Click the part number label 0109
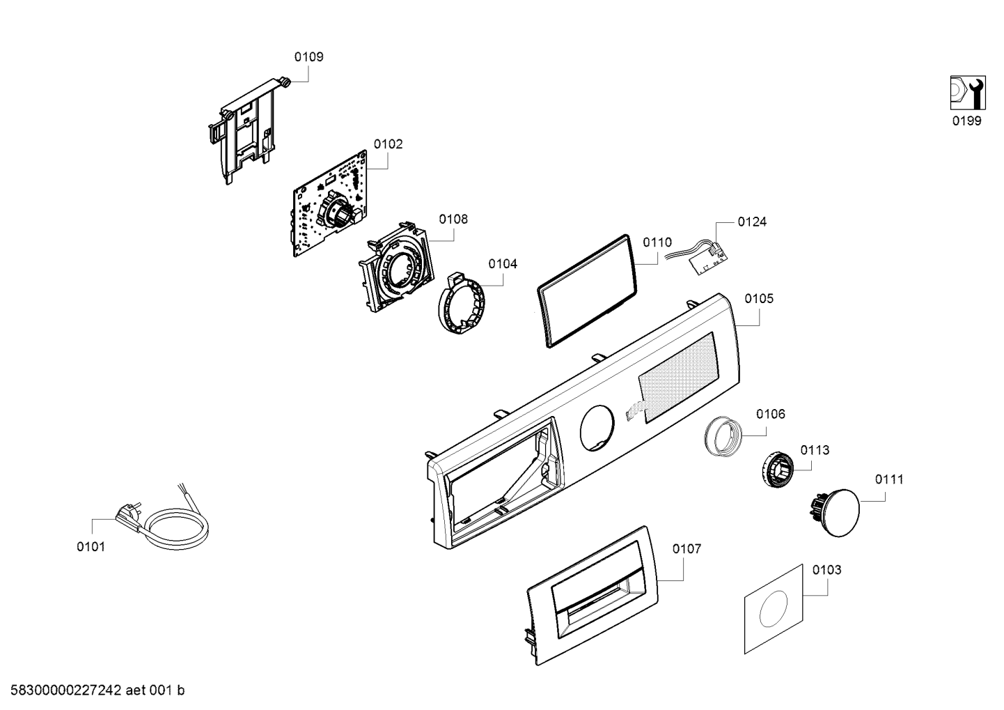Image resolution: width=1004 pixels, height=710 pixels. click(x=308, y=57)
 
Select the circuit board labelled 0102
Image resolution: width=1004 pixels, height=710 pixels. click(x=330, y=203)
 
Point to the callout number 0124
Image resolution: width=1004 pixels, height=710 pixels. click(x=752, y=222)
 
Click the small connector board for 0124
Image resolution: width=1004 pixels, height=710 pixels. click(x=710, y=263)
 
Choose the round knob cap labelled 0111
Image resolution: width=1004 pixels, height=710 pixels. click(x=835, y=512)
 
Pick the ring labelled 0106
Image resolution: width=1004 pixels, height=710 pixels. click(x=723, y=436)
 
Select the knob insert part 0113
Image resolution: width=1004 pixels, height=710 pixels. click(x=777, y=470)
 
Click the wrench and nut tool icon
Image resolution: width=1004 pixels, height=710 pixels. click(x=968, y=93)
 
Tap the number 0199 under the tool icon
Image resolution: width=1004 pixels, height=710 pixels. click(x=967, y=121)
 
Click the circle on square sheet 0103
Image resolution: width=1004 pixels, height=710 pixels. click(x=774, y=609)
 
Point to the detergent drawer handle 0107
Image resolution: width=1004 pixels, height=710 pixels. click(x=593, y=595)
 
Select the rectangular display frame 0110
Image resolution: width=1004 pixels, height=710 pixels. click(x=587, y=291)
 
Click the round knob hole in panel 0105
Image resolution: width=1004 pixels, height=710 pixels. click(x=597, y=429)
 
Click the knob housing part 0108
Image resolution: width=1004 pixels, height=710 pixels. click(x=396, y=266)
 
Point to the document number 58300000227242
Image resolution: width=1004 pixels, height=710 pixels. click(x=66, y=690)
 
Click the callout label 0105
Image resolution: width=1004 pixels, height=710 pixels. click(x=759, y=299)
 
